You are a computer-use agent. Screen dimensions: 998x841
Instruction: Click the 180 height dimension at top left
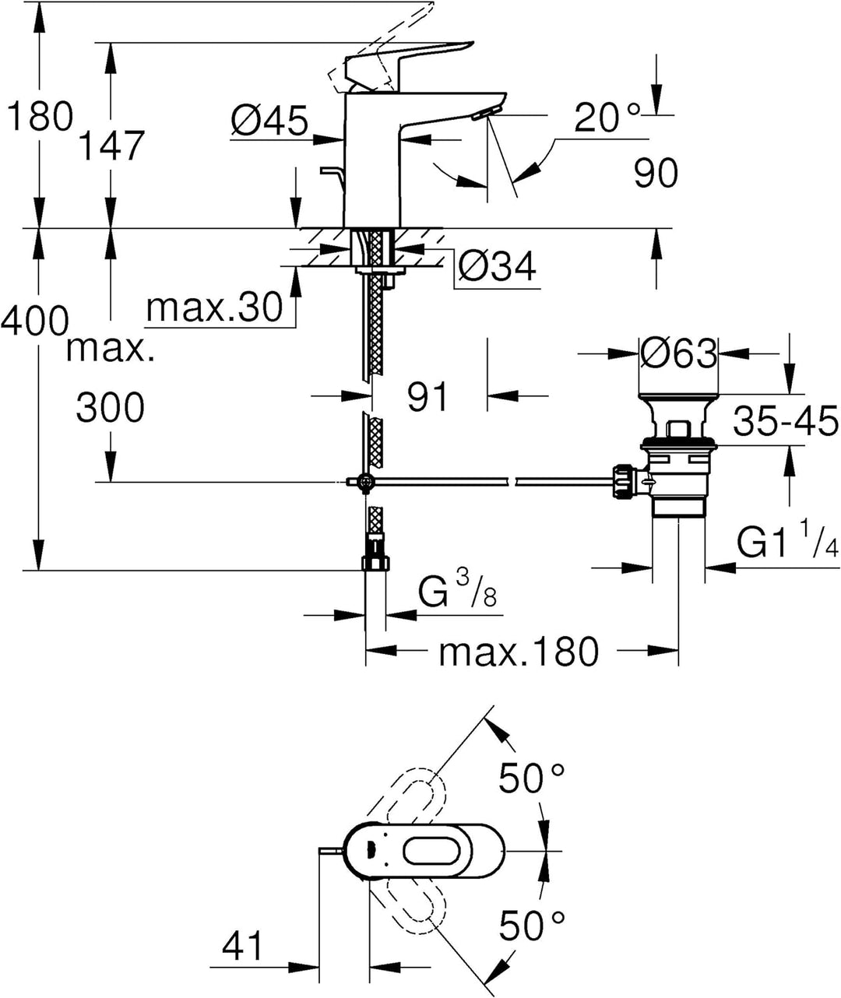(39, 118)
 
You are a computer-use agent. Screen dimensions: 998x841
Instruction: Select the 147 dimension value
(112, 146)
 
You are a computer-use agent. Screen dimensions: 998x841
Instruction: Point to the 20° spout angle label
(607, 118)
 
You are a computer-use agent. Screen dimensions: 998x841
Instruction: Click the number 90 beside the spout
(655, 173)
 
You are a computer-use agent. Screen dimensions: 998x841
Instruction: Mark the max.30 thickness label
(214, 308)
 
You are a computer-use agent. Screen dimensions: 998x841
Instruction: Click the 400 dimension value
(34, 320)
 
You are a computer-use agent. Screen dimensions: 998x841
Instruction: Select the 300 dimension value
(110, 407)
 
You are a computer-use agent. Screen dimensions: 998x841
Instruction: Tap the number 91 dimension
(428, 397)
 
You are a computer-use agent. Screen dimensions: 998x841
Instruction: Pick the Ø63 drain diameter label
(677, 354)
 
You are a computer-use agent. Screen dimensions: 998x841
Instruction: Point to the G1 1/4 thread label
(787, 543)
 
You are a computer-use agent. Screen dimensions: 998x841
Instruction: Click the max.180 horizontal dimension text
(519, 652)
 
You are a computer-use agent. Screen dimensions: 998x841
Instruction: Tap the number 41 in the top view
(243, 947)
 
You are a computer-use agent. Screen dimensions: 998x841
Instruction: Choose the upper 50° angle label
(532, 777)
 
